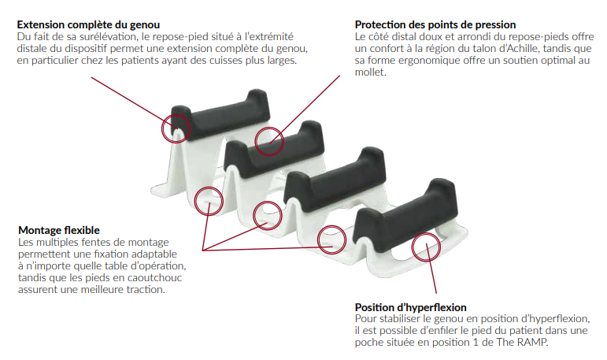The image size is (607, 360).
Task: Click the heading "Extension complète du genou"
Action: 88,24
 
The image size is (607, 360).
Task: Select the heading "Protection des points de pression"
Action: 435,24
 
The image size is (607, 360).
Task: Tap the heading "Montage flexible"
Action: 59,230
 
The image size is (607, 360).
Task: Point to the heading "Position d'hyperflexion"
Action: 410,307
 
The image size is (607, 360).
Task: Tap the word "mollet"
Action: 370,72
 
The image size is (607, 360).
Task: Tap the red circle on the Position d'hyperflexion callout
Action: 426,233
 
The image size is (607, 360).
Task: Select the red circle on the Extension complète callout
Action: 176,114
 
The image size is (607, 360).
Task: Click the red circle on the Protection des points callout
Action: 269,128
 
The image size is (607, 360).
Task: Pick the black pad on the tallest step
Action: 220,114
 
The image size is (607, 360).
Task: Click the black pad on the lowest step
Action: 405,210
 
